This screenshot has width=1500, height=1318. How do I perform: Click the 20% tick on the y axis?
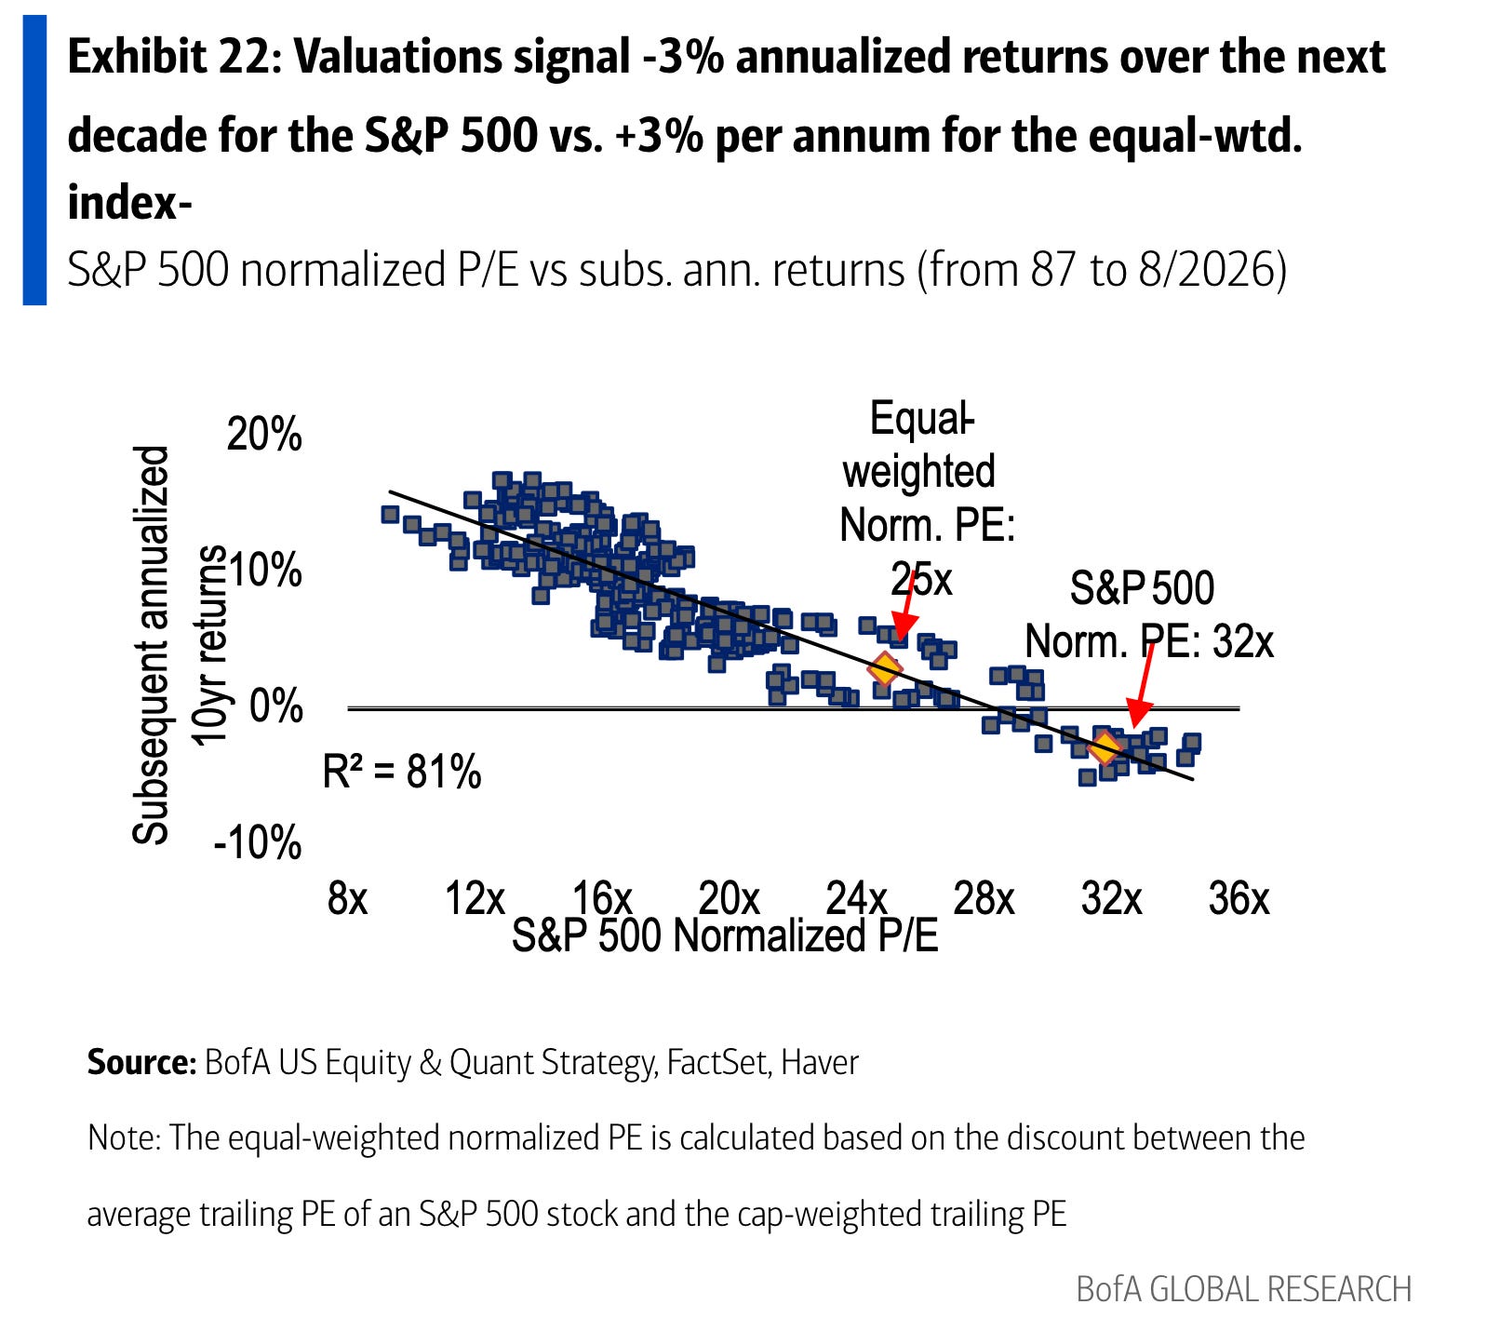point(264,435)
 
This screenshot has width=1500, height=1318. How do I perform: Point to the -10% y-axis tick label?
point(258,843)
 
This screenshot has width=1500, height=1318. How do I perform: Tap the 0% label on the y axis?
point(276,706)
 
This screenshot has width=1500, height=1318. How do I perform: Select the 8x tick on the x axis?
point(348,899)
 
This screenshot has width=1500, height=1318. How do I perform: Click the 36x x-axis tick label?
point(1239,899)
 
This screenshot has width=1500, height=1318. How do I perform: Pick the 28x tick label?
point(984,899)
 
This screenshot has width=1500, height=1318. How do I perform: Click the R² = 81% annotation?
point(402,772)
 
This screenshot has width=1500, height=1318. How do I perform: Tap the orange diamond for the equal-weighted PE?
point(884,668)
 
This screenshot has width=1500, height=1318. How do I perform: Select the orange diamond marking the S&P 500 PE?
point(1104,747)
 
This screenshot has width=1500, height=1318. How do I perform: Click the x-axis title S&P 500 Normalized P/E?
point(725,935)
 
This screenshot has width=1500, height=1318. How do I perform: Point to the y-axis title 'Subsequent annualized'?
point(151,645)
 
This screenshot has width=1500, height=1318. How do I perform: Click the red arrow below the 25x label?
point(905,605)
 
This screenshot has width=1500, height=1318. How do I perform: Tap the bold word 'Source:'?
point(141,1062)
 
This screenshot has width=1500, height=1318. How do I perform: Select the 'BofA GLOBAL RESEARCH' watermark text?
point(1244,1289)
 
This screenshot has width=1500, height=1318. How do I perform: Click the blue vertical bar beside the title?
point(34,160)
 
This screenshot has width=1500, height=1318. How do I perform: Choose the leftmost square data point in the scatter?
point(390,515)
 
